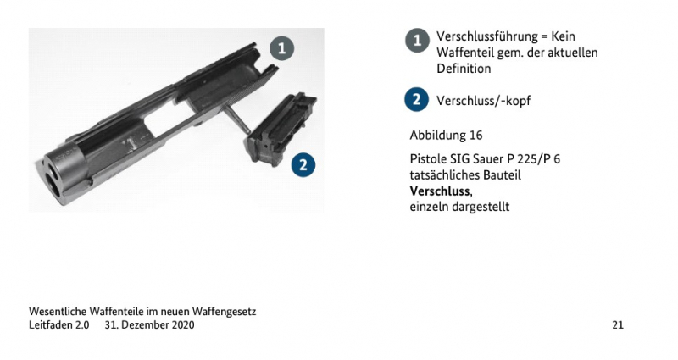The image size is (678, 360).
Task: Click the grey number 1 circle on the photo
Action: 282,48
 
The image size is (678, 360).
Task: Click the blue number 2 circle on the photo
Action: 303,164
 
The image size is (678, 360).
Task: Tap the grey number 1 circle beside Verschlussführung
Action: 417,41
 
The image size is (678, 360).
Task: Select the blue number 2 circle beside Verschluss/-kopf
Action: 416,99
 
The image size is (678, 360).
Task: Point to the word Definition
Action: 464,69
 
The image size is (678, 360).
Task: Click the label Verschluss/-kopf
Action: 483,101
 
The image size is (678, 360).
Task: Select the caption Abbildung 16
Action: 446,135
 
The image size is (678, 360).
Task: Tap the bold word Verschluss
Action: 440,191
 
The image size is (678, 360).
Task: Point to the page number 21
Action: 618,324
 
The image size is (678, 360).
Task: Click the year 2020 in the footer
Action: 183,324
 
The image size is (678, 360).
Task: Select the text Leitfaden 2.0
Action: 58,324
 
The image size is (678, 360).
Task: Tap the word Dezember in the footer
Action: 146,324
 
